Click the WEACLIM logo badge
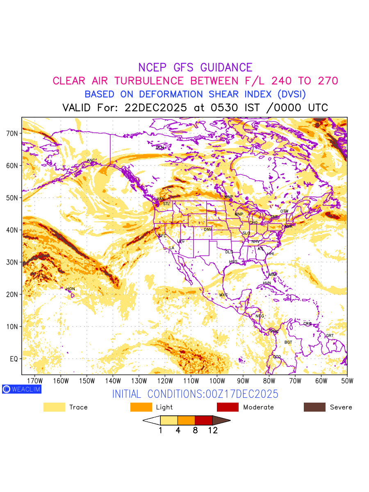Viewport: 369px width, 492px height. pos(21,389)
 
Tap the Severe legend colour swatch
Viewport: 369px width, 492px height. pos(314,407)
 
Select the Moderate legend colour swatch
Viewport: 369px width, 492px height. pos(228,407)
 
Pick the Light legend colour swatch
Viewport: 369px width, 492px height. pos(141,407)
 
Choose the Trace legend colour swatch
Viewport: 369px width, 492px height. pos(54,407)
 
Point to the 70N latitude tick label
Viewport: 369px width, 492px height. pos(12,133)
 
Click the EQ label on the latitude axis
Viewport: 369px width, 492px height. pos(14,359)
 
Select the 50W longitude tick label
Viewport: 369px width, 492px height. pos(346,381)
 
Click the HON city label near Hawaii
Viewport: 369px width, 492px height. pos(71,289)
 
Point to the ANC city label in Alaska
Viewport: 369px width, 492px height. pos(91,160)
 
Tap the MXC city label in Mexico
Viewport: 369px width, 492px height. pos(223,295)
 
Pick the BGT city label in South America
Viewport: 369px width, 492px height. pos(288,342)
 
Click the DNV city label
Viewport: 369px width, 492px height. pos(208,229)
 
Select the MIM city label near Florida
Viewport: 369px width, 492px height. pos(273,274)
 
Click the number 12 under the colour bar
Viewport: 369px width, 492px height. pos(212,430)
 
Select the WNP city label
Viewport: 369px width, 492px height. pos(228,197)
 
